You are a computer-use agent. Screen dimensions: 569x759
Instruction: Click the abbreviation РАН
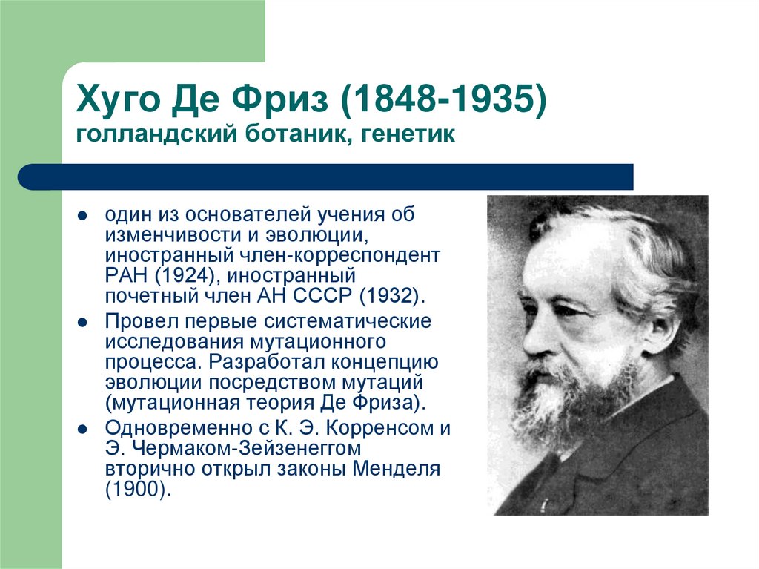coord(126,276)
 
